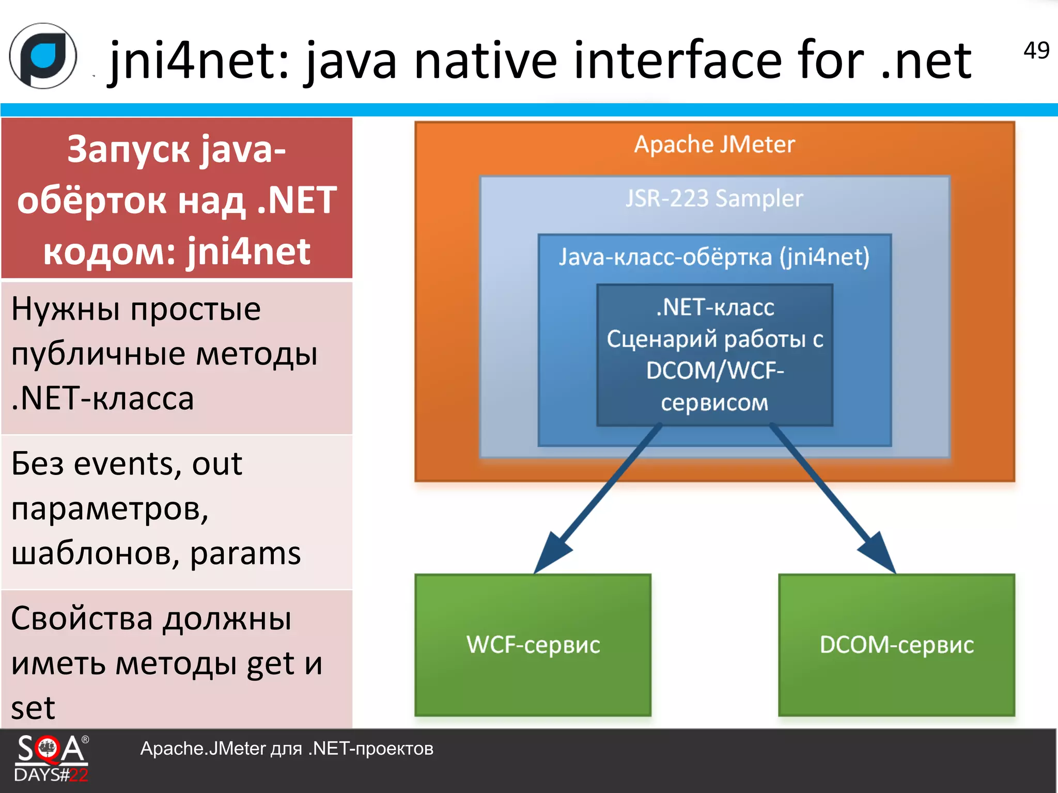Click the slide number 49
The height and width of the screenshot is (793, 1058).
click(x=1036, y=51)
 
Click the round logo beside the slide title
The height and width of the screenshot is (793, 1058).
click(x=43, y=56)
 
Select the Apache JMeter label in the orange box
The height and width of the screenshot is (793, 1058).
click(x=714, y=145)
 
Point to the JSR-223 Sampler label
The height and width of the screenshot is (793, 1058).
click(x=714, y=199)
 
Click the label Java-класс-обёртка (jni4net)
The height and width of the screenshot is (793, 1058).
click(x=714, y=257)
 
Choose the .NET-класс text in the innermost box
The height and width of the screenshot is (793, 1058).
click(x=715, y=308)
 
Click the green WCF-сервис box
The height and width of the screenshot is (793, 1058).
click(x=533, y=645)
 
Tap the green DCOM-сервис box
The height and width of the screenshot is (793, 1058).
click(x=897, y=645)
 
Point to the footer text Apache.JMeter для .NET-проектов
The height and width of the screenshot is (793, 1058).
click(x=287, y=749)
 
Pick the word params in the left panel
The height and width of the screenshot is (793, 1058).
click(x=245, y=554)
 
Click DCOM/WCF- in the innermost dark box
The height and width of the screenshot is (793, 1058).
click(x=715, y=371)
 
